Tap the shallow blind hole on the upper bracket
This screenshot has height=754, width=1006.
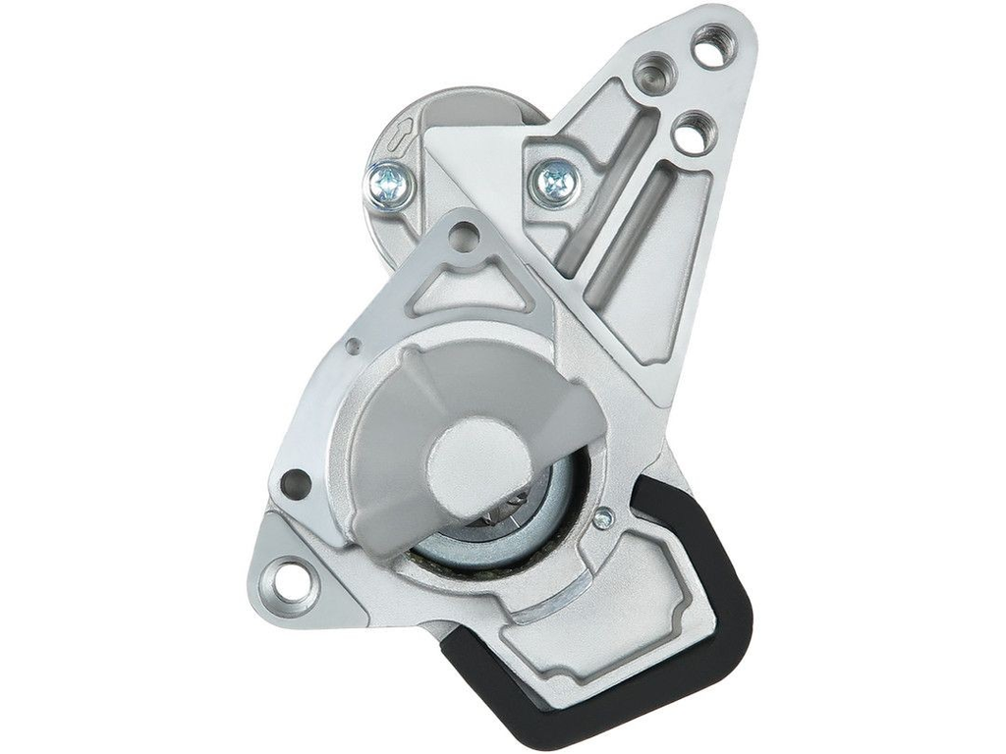coord(651,74)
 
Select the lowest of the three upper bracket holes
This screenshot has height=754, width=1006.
coord(694,133)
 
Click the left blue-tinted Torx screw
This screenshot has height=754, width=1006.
coord(389,184)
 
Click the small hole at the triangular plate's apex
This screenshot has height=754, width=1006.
coord(466,235)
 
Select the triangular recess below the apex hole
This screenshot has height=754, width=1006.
coord(468,289)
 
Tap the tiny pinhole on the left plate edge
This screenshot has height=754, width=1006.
coord(353,346)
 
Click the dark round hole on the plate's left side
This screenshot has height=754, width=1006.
coord(295,483)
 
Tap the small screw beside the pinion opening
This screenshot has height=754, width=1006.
coord(603,517)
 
